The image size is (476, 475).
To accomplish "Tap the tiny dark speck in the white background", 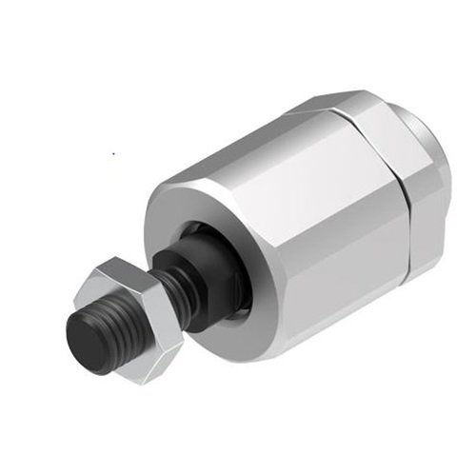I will [113, 151].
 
